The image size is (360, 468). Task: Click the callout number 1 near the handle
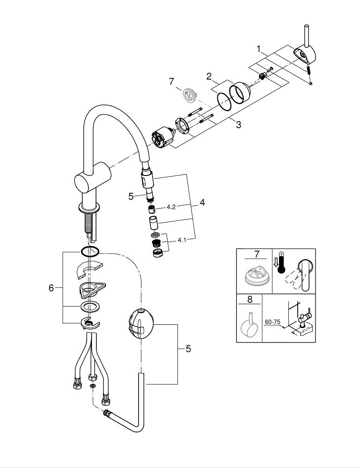coord(258,48)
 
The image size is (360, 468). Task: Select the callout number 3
coord(238,125)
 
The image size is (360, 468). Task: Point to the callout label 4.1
coord(182,241)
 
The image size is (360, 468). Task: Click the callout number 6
coord(51,288)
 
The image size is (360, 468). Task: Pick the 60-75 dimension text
coord(272,322)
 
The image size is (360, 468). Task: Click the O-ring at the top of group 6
coord(89,252)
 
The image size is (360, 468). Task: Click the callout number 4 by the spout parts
coord(202,203)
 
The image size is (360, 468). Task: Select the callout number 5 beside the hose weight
coord(188,349)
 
